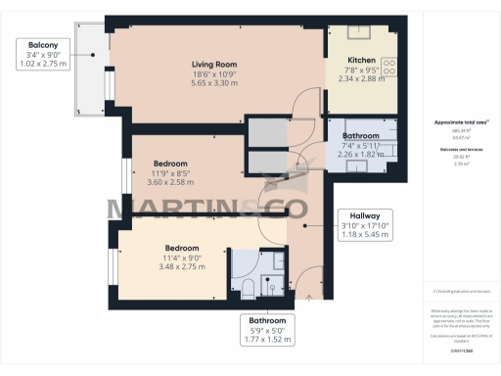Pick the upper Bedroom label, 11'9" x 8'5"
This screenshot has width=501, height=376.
coord(170,164)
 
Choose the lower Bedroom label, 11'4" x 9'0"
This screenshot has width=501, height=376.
coord(182,248)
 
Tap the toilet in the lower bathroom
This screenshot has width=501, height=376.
coord(248,286)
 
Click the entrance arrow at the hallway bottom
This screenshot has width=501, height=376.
coord(310,296)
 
